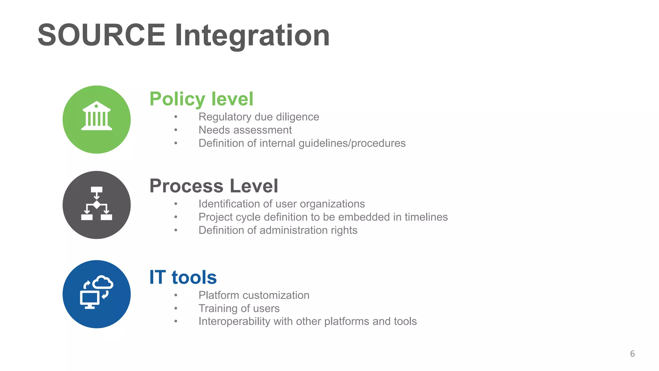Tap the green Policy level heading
(x=201, y=99)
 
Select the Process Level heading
(x=214, y=186)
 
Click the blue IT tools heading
(x=183, y=277)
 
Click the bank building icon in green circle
(x=97, y=116)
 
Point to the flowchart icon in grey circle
(x=97, y=204)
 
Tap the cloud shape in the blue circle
(x=103, y=282)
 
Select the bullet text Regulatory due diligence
(x=259, y=117)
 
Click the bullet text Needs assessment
(x=245, y=130)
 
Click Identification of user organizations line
(x=282, y=204)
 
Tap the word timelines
(x=426, y=217)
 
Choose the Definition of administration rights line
(x=278, y=230)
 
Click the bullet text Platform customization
(x=254, y=295)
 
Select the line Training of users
(x=239, y=308)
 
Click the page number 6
(x=632, y=354)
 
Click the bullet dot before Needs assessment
(x=176, y=130)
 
